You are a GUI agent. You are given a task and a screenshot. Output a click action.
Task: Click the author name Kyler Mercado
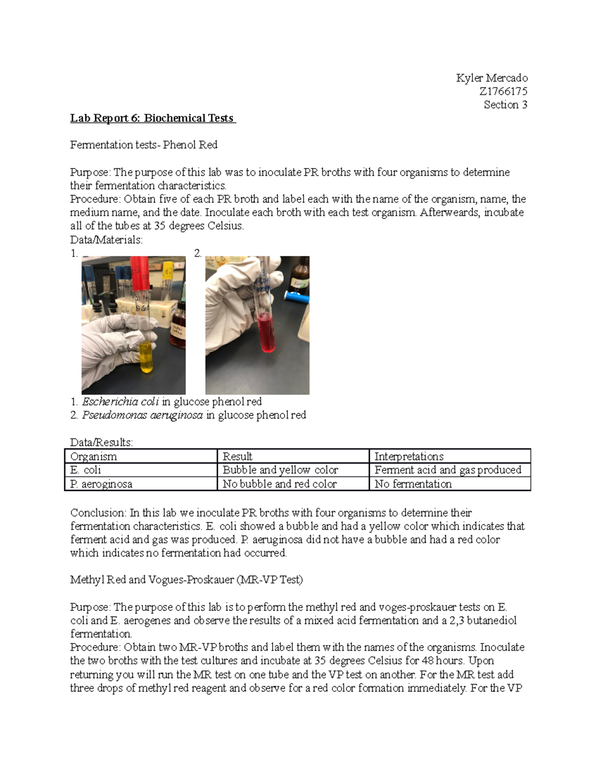coord(491,78)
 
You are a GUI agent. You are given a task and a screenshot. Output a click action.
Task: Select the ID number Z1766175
coord(503,91)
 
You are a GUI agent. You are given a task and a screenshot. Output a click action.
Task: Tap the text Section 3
coord(505,105)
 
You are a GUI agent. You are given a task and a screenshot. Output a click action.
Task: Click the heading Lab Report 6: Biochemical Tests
coord(152,118)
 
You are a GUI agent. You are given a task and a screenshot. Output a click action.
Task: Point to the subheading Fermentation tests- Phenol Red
coord(144,145)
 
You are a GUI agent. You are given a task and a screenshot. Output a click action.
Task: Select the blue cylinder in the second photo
coord(297,295)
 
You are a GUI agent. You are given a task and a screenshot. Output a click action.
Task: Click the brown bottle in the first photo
coord(178,331)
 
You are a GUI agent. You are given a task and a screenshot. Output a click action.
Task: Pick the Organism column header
coord(94,457)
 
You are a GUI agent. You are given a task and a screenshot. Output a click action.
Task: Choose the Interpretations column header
coord(409,457)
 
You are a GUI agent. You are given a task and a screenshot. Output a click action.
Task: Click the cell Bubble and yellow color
coord(280,470)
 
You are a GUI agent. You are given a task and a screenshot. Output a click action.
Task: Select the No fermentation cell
coord(413,484)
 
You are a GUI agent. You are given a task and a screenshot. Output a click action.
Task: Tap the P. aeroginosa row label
coord(101,484)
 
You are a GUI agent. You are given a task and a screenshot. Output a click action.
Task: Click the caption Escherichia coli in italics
coord(120,402)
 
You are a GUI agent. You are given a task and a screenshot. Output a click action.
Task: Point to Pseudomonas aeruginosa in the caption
coord(143,415)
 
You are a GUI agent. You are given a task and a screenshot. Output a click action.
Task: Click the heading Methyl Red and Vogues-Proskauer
coord(186,580)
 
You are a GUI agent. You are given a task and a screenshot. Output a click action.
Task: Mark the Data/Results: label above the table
coord(101,443)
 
